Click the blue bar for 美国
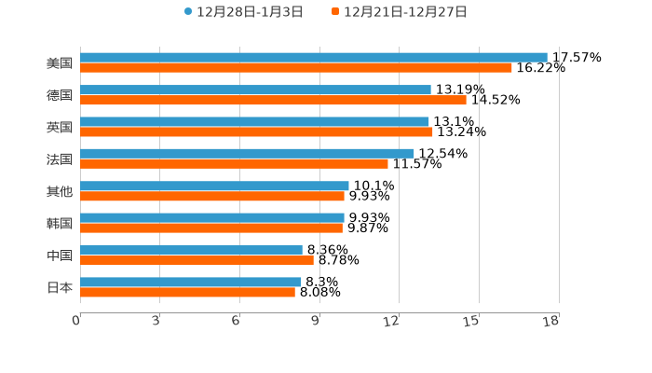point(313,57)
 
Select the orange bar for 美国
point(295,68)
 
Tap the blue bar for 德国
point(255,90)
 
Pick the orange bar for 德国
point(273,100)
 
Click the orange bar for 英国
point(256,131)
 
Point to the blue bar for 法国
point(247,153)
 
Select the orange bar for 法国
point(234,163)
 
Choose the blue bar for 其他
point(214,186)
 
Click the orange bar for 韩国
point(211,228)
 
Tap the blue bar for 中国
point(191,250)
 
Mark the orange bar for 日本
point(187,292)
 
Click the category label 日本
point(60,287)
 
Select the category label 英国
point(60,127)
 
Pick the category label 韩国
point(60,223)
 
